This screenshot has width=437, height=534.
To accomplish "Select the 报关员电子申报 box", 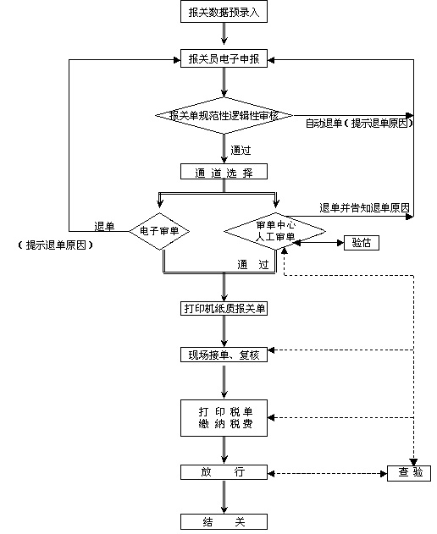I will [x=224, y=59].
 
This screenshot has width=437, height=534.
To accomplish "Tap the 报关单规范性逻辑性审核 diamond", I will [x=224, y=115].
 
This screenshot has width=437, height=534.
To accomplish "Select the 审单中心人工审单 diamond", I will [x=275, y=230].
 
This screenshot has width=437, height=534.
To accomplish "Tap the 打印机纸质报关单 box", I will [x=224, y=308].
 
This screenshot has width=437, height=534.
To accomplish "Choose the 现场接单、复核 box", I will [x=224, y=355].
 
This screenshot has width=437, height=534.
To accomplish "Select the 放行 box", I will [x=224, y=472].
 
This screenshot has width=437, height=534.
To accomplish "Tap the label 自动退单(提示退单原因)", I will [x=360, y=124].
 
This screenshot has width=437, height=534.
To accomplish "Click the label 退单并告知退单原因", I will [x=365, y=207].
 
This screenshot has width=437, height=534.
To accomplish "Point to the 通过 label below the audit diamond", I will [x=241, y=151].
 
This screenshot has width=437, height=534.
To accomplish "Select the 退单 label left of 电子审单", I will [x=105, y=226].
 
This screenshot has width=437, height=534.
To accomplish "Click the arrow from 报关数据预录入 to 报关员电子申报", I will [x=224, y=35].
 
